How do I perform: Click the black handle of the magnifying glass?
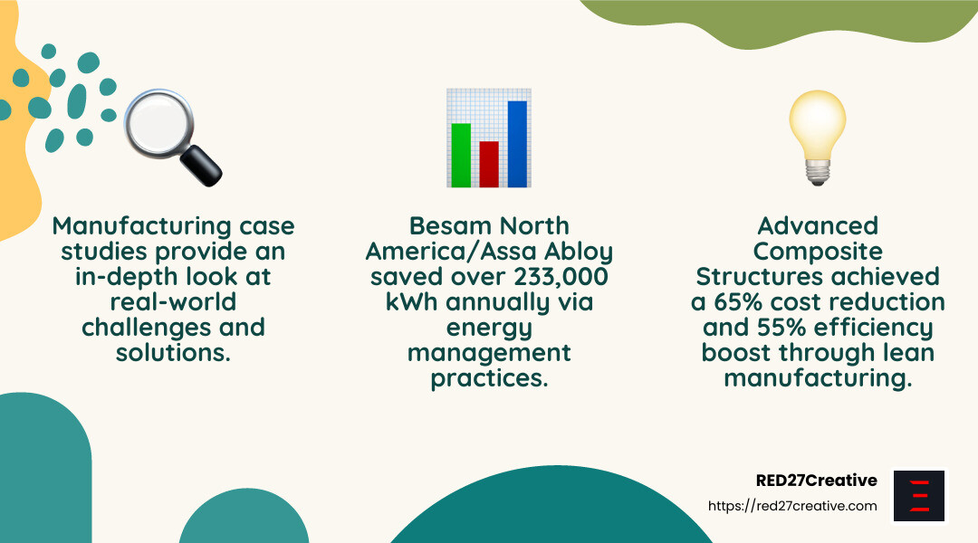[201, 166]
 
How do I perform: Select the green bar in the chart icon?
[461, 156]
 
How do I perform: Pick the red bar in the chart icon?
[489, 164]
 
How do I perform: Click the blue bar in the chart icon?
[517, 144]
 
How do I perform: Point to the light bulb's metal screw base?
[818, 171]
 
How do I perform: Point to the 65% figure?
[739, 302]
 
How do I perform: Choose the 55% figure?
[781, 328]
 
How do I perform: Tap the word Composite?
[818, 252]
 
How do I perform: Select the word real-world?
[173, 302]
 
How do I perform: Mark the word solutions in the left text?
[173, 353]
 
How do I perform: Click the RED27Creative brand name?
[817, 481]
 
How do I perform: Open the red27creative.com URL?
[792, 506]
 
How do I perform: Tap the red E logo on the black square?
[919, 496]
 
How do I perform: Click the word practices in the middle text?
[489, 378]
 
